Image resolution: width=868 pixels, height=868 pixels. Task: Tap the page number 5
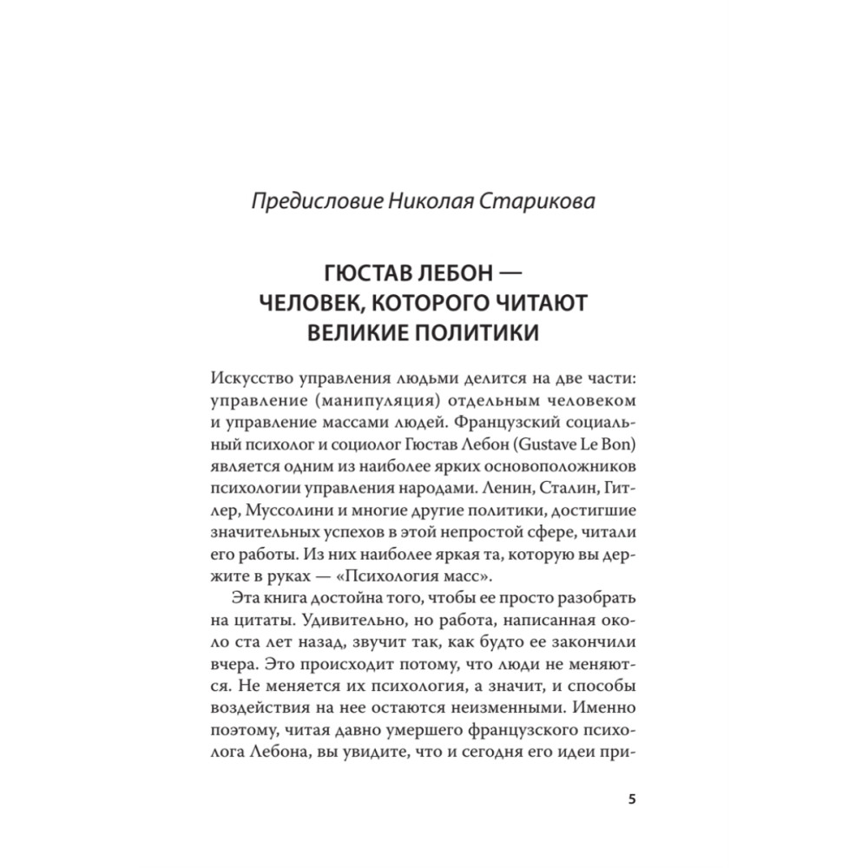(x=631, y=799)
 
